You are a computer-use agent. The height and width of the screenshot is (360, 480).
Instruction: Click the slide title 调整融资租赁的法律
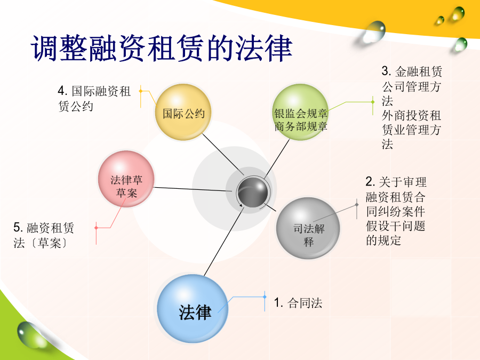161,49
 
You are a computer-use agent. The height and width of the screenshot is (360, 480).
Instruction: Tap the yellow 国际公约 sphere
183,112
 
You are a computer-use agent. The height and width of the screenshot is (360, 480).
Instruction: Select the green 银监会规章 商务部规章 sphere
300,112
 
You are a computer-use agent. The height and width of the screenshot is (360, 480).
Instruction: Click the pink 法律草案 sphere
126,179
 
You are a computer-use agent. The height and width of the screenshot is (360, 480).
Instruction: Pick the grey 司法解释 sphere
308,228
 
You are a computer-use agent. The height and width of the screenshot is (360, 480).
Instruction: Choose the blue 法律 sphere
193,309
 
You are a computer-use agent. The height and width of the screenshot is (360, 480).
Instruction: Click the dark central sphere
253,192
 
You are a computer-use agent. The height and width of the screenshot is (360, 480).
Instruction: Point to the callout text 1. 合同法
298,303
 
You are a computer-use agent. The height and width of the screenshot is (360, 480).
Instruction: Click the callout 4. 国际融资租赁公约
94,99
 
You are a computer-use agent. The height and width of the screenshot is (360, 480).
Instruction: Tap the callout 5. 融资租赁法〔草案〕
44,235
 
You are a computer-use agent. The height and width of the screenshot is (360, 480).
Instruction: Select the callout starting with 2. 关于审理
396,211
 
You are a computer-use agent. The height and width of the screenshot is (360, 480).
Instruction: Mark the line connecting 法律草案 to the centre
193,189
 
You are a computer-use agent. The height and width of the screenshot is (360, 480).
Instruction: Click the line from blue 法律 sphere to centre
224,242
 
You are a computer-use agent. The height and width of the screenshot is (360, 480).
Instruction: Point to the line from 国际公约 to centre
223,155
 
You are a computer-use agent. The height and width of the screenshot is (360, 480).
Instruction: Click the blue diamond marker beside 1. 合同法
265,297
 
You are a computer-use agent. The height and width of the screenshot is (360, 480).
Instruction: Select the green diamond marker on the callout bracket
373,102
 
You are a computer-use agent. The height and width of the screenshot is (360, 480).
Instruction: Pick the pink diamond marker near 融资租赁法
96,228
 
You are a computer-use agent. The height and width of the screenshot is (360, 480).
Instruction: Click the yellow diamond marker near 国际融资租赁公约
140,91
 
